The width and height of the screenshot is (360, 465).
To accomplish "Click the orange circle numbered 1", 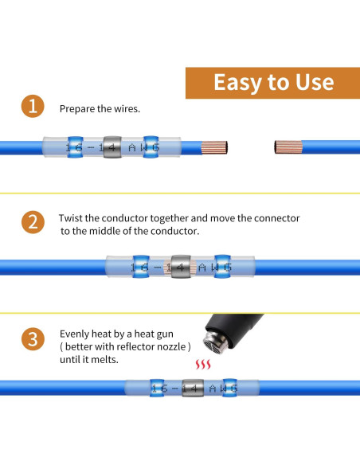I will pyautogui.click(x=32, y=107).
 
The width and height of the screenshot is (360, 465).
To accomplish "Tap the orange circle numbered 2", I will pyautogui.click(x=32, y=221).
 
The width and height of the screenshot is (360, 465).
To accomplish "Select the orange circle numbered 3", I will pyautogui.click(x=32, y=339).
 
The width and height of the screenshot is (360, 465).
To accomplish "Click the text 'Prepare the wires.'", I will pyautogui.click(x=100, y=108).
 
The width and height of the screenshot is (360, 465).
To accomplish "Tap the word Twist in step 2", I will pyautogui.click(x=73, y=217).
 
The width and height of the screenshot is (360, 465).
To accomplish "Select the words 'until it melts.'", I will pyautogui.click(x=90, y=359).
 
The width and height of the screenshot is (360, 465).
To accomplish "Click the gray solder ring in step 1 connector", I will pyautogui.click(x=112, y=147).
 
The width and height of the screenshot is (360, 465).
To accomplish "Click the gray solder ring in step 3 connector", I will pyautogui.click(x=190, y=388).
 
